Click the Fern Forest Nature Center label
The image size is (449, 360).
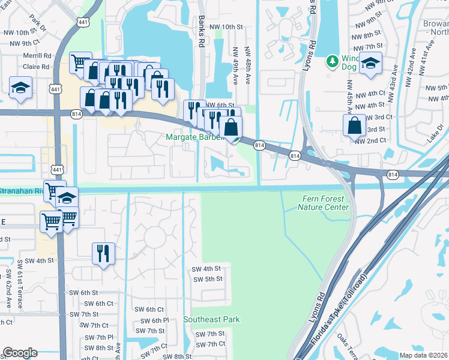click(x=323, y=203)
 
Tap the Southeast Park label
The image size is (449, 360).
click(x=211, y=320)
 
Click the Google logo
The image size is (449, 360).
click(x=20, y=353)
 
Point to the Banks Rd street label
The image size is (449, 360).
click(x=202, y=32)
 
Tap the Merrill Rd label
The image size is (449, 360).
click(x=37, y=55)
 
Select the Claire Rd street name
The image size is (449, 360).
click(x=36, y=67)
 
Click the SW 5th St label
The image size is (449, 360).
click(x=208, y=279)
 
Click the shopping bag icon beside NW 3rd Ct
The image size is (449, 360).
click(x=354, y=125)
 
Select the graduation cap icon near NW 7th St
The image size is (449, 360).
click(x=371, y=63)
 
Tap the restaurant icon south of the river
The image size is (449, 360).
click(x=103, y=253)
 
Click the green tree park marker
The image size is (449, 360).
click(x=332, y=61)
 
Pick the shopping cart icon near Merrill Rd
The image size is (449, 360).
click(x=79, y=61)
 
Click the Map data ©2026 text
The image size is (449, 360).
click(x=424, y=355)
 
